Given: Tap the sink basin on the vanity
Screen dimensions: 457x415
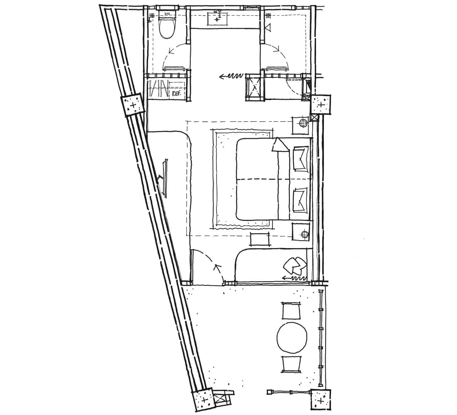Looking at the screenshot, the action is point(217,19).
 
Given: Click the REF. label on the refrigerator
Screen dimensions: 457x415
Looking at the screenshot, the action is point(176,94).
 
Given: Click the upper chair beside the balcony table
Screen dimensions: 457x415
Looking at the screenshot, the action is point(291,311).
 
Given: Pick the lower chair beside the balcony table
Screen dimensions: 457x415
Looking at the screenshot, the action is point(292,364).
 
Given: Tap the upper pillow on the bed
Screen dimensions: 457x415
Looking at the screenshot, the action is point(301,159).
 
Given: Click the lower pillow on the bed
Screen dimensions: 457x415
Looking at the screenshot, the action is point(301,200).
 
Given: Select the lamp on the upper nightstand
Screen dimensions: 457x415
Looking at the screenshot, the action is point(304,123).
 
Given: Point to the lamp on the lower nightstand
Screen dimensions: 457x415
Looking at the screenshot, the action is point(305,234).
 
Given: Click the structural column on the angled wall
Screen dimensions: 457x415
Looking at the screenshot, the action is point(133,105).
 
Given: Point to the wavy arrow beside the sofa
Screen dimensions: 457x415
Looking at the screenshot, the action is point(294,278).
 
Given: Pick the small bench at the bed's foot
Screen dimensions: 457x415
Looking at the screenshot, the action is point(259,239).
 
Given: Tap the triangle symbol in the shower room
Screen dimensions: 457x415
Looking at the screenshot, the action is point(268,27).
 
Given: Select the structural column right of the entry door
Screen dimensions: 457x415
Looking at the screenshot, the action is point(321,104).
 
